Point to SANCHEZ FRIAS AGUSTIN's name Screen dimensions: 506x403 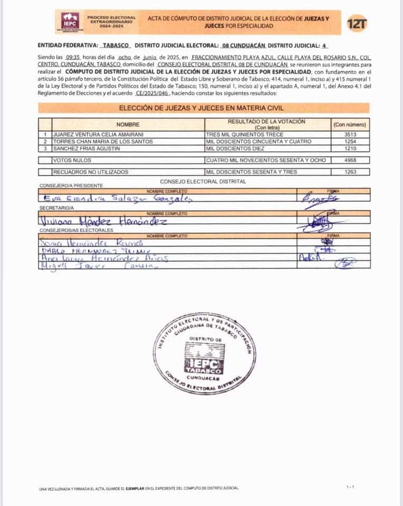[85, 148]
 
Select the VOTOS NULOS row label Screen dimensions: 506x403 [72, 160]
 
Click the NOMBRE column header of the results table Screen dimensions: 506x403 [128, 124]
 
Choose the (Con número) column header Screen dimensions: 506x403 [349, 124]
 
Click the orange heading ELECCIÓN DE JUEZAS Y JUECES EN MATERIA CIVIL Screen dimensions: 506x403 [202, 108]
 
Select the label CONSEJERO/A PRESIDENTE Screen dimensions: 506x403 [71, 186]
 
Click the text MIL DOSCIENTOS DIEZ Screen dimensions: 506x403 [234, 148]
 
